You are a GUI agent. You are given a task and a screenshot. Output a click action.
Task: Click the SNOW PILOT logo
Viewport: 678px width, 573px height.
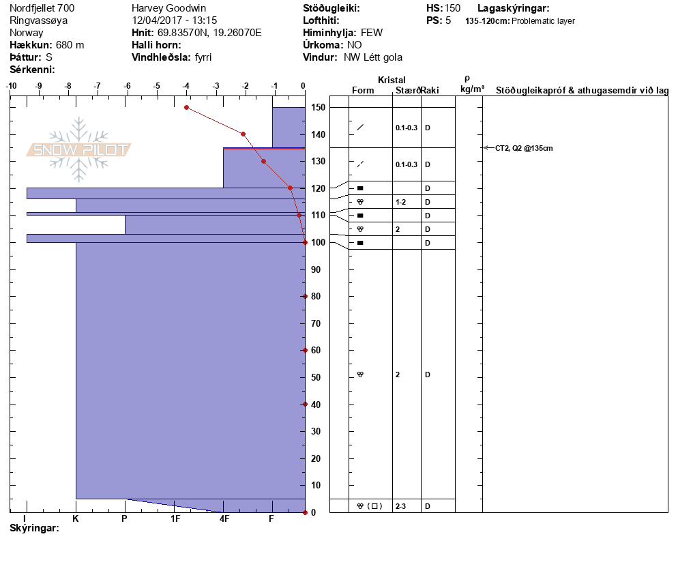(x=79, y=149)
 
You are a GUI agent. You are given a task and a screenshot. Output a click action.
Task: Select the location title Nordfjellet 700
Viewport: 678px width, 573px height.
(x=42, y=8)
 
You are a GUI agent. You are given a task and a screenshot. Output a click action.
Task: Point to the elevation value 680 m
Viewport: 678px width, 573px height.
(x=70, y=45)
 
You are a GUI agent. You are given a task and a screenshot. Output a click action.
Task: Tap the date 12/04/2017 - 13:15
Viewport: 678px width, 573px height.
(x=174, y=20)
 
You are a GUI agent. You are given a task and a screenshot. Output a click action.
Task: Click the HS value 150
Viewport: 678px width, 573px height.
(x=452, y=8)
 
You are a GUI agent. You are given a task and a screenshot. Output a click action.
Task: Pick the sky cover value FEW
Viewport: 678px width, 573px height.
(x=372, y=33)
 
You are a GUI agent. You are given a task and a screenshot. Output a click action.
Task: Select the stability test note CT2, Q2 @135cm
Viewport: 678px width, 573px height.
(x=524, y=148)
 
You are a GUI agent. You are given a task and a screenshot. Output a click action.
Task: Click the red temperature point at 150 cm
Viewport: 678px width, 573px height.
(x=186, y=107)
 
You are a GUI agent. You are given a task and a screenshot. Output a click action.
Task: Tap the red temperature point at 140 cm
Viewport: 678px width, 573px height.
(x=243, y=134)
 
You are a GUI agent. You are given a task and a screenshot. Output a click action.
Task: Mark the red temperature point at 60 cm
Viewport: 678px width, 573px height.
(x=305, y=350)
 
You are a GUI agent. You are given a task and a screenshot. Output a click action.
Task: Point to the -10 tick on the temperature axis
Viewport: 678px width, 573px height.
(x=11, y=86)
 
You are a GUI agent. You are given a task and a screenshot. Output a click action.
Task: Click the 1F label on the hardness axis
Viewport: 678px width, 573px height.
(x=175, y=519)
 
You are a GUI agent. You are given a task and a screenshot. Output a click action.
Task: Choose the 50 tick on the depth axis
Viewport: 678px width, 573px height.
(x=317, y=377)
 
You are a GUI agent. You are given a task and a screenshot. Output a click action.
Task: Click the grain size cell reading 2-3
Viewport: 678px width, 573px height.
(x=401, y=506)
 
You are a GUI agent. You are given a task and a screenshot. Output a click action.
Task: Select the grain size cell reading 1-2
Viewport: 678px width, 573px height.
(x=401, y=202)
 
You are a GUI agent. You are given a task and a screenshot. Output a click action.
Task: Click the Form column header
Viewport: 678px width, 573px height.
(x=363, y=91)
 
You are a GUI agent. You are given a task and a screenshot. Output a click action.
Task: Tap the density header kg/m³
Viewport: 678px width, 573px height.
(x=472, y=89)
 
